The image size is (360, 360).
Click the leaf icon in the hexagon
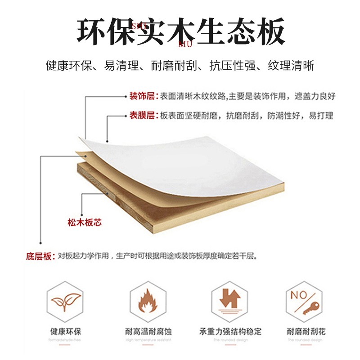pos(66,300)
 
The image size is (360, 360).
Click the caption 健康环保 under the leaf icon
pos(66,332)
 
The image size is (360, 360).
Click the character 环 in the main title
pos(94,31)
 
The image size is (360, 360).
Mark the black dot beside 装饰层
pos(125,96)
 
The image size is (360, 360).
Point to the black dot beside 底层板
pos(41,243)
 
